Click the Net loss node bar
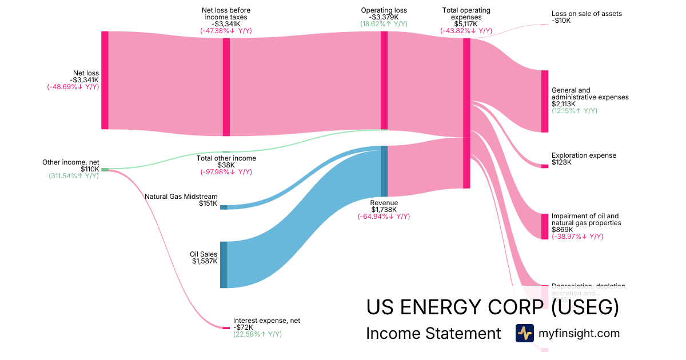[105, 80]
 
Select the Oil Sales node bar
[224, 265]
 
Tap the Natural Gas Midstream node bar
[224, 207]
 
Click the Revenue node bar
[384, 171]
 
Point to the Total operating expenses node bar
[466, 113]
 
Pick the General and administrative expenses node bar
[545, 101]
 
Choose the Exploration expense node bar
[545, 166]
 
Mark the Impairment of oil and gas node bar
[545, 226]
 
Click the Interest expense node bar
[226, 328]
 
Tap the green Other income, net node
[105, 170]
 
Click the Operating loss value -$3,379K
[384, 17]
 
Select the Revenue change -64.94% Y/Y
[384, 217]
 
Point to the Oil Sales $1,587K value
[205, 261]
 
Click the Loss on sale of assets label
[587, 14]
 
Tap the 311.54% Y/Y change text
[74, 176]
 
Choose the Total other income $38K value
[226, 165]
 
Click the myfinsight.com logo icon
[524, 333]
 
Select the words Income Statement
[433, 334]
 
